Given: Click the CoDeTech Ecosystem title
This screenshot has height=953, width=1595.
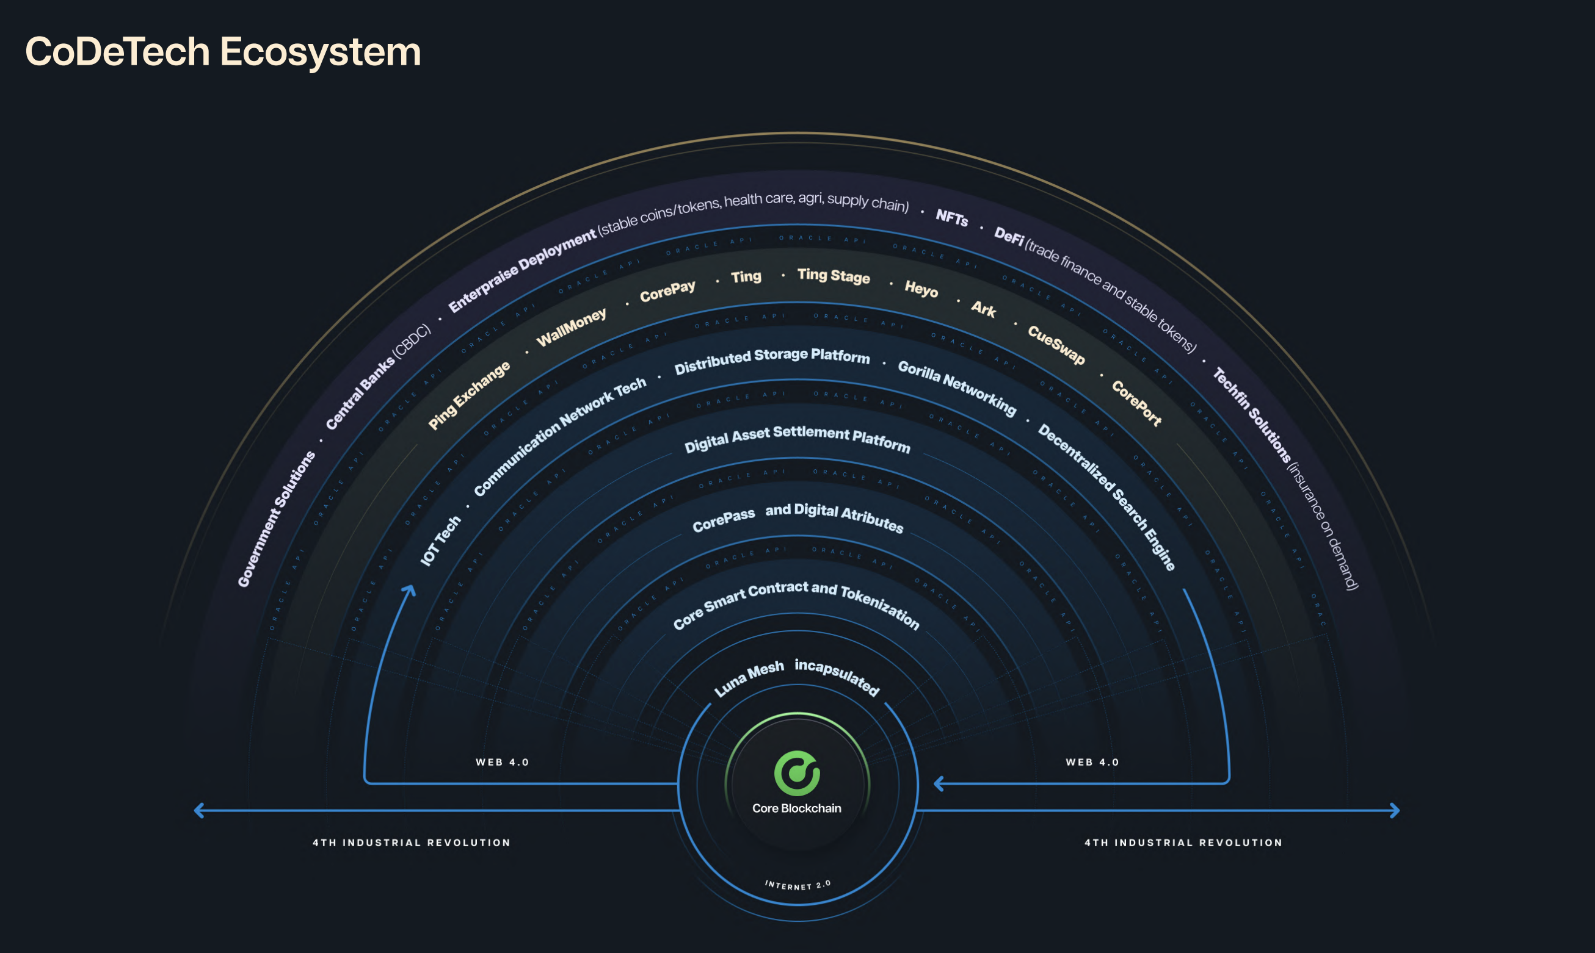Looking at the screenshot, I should (x=223, y=51).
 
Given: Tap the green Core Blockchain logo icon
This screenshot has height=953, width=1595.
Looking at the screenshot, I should (x=797, y=773).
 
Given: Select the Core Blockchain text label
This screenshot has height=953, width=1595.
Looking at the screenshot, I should (x=797, y=808).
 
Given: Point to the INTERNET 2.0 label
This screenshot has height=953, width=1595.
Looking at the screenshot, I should (x=797, y=885).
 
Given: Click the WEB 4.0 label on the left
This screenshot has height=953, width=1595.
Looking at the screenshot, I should (x=502, y=762).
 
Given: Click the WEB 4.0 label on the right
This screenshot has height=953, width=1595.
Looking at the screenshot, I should (x=1092, y=762).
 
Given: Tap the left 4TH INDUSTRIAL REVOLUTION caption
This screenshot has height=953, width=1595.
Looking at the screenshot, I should (x=412, y=843).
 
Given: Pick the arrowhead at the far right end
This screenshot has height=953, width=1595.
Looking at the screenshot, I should (x=1395, y=810).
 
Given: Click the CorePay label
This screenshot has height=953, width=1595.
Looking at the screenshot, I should (x=667, y=291).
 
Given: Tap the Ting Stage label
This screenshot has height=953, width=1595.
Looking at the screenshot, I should (x=834, y=276).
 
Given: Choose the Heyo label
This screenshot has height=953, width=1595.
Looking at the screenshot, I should (x=921, y=289).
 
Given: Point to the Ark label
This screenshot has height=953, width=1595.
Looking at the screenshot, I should (x=983, y=309).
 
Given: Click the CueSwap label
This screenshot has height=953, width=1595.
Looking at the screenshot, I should (x=1056, y=345).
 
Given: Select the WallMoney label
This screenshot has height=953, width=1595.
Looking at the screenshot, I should (x=572, y=327).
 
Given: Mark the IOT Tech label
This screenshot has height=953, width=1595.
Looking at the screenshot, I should (x=441, y=541).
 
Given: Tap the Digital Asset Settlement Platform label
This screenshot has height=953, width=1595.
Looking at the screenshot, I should (x=797, y=438).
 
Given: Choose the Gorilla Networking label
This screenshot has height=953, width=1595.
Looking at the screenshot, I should (x=957, y=387).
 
